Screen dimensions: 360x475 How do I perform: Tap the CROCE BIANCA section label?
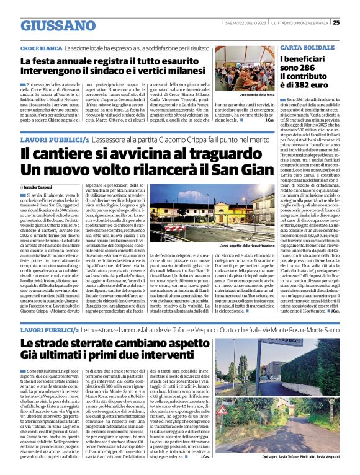(x=41, y=48)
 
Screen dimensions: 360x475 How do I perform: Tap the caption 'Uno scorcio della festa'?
(x=257, y=95)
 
